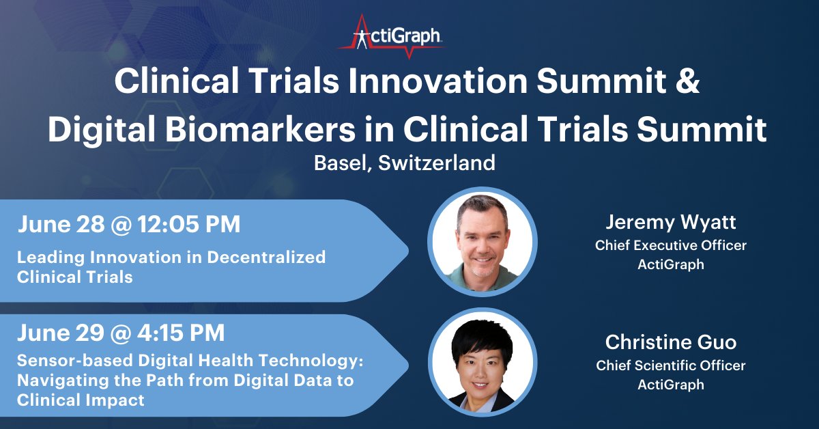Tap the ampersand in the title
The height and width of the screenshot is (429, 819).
[689, 82]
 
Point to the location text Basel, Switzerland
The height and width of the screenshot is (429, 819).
[404, 164]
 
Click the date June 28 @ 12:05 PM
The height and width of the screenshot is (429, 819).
[129, 225]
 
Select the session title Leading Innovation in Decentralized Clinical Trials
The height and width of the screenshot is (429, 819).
[171, 267]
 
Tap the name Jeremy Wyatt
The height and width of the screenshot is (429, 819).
[671, 223]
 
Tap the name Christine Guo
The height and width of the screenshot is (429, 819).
[671, 343]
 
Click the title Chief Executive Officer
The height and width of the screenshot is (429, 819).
[671, 245]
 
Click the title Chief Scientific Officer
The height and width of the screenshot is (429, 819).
[671, 365]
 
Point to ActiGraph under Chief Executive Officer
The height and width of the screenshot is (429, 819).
[671, 264]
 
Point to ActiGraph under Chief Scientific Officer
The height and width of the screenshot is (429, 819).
[671, 385]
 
